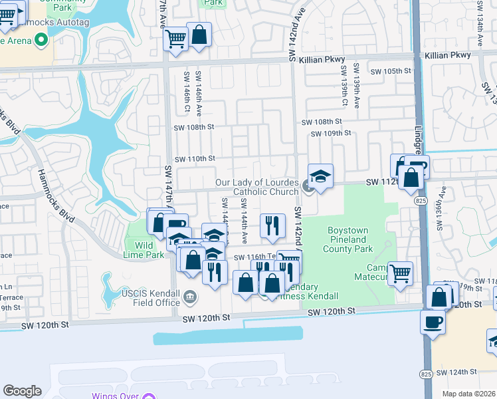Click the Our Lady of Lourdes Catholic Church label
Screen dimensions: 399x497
256,187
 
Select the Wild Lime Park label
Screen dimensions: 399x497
144,250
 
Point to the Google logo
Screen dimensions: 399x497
22,391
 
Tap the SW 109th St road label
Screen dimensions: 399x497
332,133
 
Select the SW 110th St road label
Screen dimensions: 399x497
195,158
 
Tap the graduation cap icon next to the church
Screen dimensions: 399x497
320,177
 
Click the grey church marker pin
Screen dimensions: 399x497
308,186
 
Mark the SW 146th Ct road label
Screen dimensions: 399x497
188,90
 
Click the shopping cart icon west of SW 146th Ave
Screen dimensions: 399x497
175,38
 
